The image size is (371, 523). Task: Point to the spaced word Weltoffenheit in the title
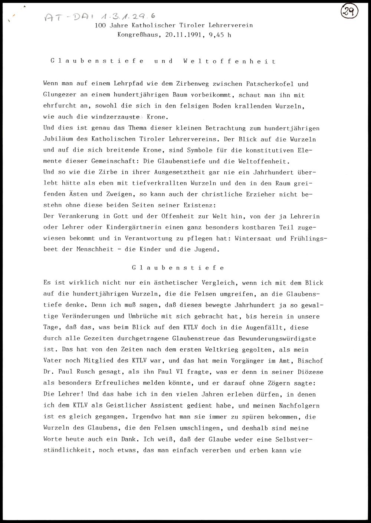click(x=230, y=62)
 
